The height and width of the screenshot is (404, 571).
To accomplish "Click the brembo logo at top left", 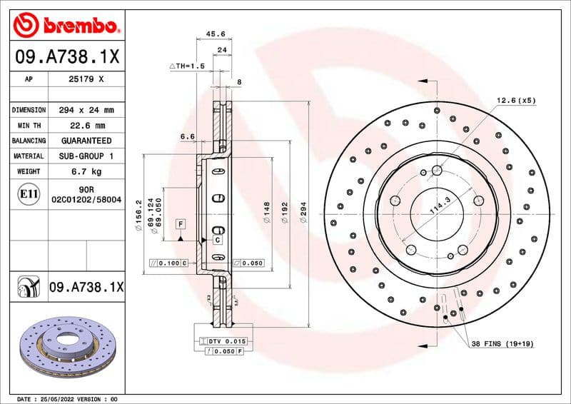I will tap(65, 26).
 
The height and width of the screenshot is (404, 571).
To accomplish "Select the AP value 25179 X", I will tap(86, 81).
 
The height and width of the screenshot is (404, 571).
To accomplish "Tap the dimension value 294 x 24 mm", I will tap(86, 111).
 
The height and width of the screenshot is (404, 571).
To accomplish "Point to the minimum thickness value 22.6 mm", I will tap(86, 126).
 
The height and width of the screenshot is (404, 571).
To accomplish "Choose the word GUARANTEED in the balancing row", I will tap(86, 141).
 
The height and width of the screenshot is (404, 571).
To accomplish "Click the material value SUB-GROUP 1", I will tap(86, 156).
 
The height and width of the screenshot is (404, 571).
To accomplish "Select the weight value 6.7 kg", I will tap(86, 171).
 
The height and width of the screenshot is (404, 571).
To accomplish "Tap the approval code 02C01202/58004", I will tap(86, 201).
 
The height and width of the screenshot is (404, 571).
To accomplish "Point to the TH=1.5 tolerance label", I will tap(188, 66).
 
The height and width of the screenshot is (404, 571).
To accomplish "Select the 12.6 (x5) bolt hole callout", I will tap(516, 101).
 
